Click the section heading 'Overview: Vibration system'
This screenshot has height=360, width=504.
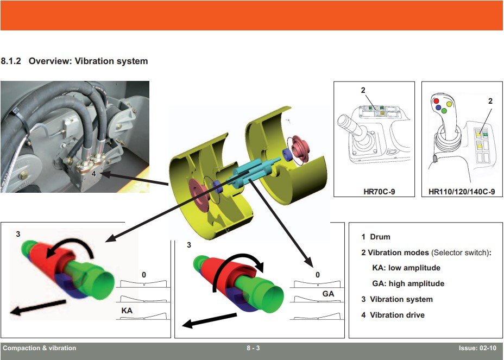pos(88,61)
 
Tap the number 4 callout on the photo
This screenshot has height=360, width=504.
pos(93,174)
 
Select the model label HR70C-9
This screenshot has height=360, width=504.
pos(374,192)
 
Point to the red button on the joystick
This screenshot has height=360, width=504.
pos(436,102)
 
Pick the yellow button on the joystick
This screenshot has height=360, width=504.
pos(449,103)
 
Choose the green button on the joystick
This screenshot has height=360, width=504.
pos(444,111)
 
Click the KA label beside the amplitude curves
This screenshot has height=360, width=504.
pos(127,311)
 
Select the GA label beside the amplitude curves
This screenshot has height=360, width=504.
pos(328,294)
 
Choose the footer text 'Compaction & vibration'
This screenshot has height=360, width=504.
pos(40,348)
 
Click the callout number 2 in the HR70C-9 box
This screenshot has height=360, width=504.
pos(363,90)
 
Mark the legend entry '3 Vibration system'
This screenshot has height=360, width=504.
pos(396,299)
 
